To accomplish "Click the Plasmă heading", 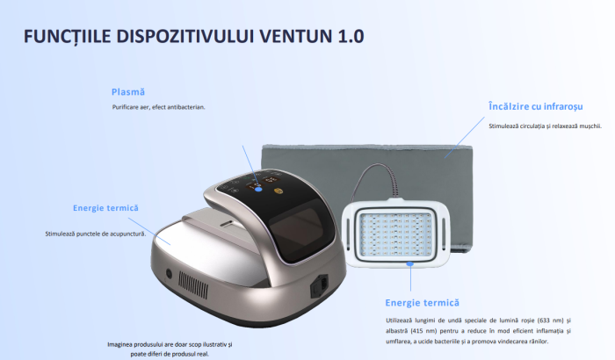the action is [x=128, y=91].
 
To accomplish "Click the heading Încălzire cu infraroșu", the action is [x=535, y=106].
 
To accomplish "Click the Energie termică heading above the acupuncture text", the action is [x=105, y=208].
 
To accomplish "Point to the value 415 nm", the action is [x=424, y=330].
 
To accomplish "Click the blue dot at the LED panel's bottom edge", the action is [x=409, y=263].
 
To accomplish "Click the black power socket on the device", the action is [x=320, y=286].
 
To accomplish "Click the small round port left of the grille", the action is [x=169, y=274].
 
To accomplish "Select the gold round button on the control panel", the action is [x=279, y=189].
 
